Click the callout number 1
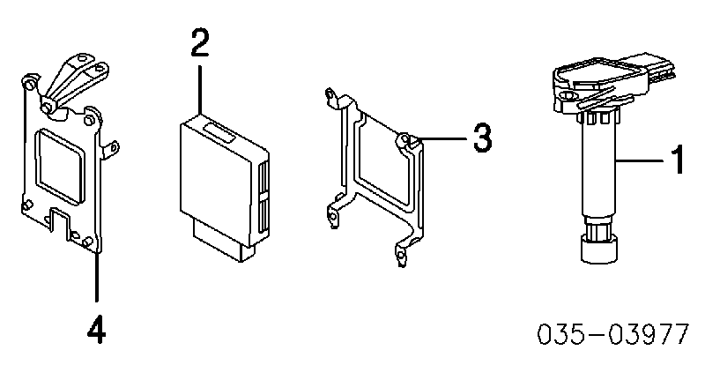677,159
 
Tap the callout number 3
482,137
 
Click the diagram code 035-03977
612,334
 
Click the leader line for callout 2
199,90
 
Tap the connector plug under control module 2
224,241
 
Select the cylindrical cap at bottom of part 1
599,250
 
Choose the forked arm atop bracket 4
74,84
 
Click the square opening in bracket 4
61,166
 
